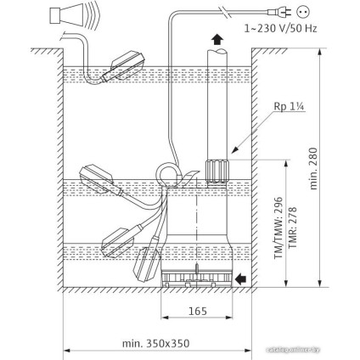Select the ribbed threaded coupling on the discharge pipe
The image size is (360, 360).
[x=216, y=171]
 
